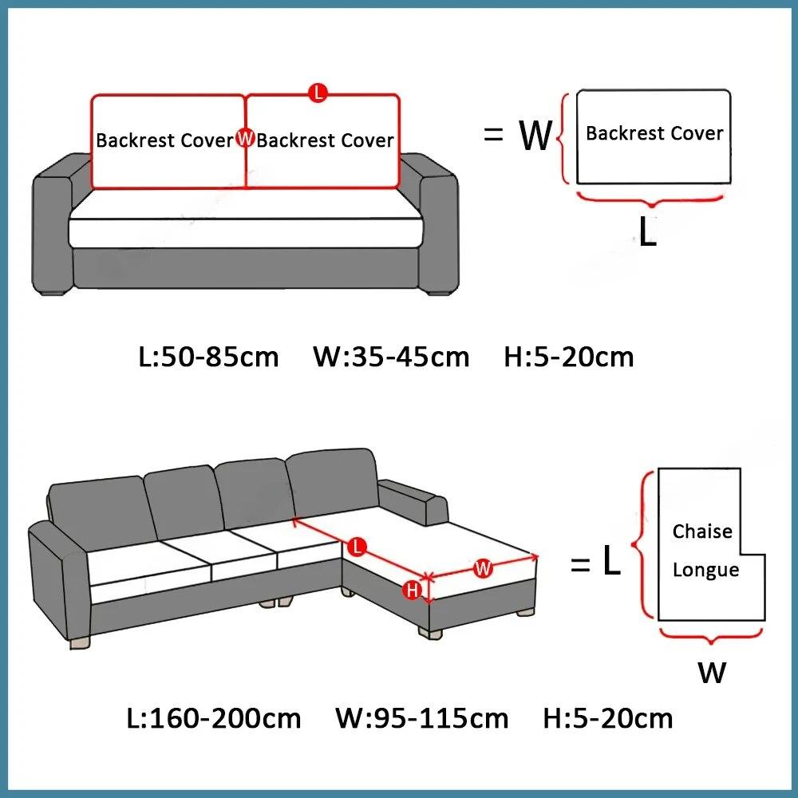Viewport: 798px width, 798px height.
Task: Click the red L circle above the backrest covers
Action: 318,93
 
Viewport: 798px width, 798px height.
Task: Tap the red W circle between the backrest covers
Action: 246,140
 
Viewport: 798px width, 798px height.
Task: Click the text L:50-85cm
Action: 209,357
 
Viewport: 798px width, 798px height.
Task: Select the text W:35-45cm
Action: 391,357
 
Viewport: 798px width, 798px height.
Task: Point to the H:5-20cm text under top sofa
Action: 569,357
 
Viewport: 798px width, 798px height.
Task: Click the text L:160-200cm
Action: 214,718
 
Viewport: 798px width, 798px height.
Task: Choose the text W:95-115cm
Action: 421,718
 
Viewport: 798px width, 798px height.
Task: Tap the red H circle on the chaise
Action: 413,591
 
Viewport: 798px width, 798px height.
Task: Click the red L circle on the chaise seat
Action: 358,547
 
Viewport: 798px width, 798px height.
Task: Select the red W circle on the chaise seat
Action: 483,569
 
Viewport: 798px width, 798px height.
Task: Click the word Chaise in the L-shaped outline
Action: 702,531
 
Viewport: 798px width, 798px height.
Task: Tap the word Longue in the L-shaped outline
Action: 705,570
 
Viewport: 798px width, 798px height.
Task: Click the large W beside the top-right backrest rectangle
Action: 535,136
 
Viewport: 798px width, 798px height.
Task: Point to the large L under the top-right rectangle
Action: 648,232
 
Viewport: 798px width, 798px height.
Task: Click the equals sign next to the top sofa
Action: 493,136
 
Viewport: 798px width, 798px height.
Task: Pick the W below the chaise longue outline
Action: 712,673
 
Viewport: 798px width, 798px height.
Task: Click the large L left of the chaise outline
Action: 611,563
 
